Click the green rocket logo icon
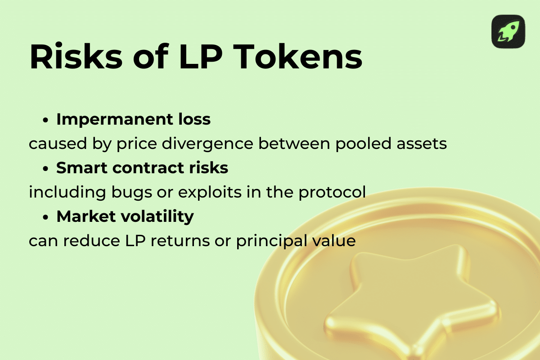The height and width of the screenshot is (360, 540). coord(508,31)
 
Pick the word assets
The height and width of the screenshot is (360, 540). coord(421,144)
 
